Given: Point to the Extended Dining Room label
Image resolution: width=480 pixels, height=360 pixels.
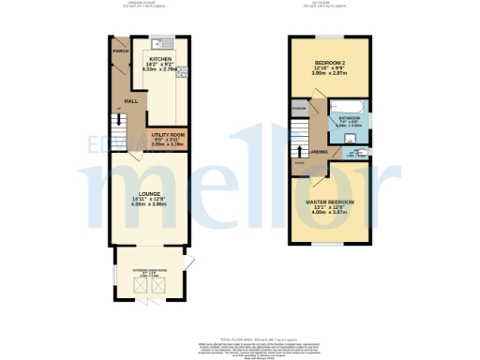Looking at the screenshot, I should coord(151,269).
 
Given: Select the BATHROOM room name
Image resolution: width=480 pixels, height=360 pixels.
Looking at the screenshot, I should coord(349,118).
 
